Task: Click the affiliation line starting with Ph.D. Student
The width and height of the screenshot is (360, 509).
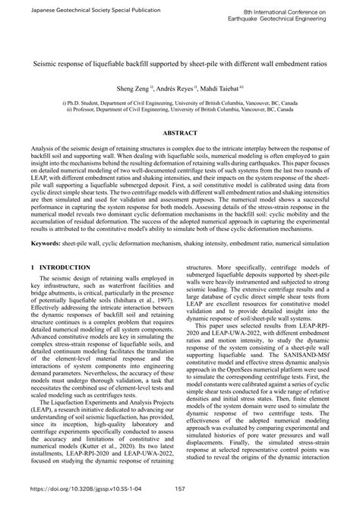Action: point(179,102)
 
